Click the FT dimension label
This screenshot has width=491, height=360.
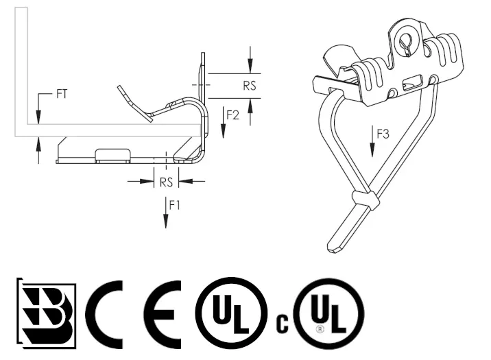[x=62, y=94]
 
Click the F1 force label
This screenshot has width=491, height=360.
[x=175, y=205]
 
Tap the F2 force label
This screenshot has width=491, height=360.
[x=232, y=115]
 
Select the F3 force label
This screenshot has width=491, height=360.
[x=383, y=134]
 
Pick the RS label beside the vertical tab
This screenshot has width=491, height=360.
[x=250, y=86]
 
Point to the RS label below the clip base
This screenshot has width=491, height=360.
[x=166, y=182]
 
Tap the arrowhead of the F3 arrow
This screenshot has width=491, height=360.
[x=372, y=150]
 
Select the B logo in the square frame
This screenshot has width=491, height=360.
[x=47, y=313]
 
